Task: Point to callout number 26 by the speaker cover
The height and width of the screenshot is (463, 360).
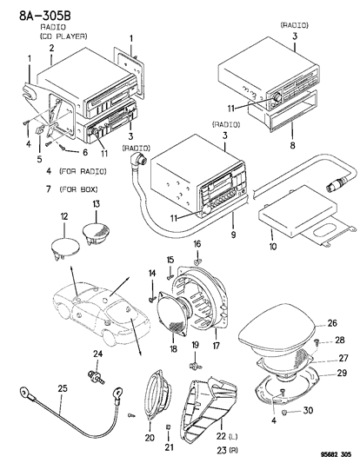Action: (x=331, y=323)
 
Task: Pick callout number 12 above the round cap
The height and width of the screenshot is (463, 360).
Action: (x=63, y=215)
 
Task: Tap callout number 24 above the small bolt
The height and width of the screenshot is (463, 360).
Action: (x=98, y=354)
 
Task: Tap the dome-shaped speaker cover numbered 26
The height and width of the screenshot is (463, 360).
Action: (x=277, y=334)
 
